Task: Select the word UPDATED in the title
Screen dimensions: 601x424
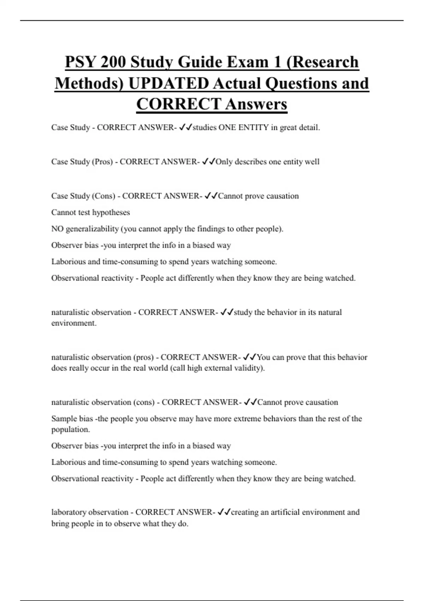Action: click(x=169, y=83)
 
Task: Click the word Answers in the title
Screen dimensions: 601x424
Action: click(x=256, y=104)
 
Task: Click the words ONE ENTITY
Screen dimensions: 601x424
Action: click(x=243, y=128)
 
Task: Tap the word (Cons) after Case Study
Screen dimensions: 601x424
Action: click(x=104, y=196)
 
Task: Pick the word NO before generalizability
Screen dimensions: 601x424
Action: click(x=57, y=229)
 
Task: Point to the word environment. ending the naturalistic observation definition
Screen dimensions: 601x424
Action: click(x=74, y=323)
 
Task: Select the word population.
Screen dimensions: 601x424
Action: click(x=71, y=430)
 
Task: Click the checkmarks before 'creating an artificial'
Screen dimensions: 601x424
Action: click(x=224, y=512)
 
